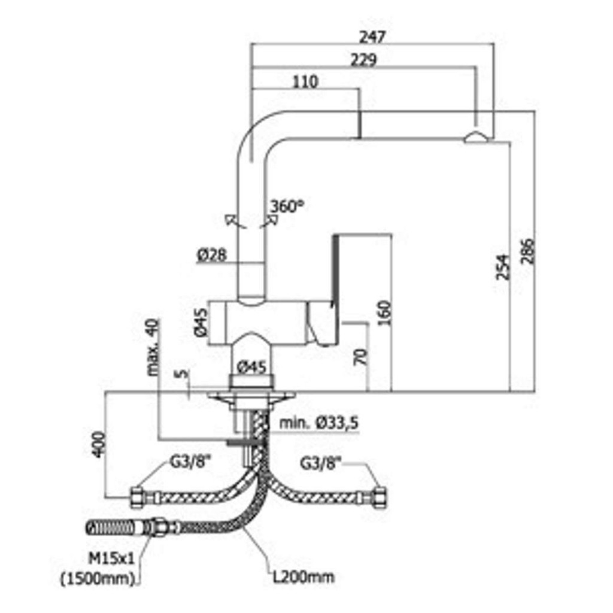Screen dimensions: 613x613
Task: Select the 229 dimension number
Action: coord(363,60)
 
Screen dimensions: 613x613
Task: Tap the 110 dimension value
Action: coord(306,81)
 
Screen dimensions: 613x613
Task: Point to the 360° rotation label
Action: coord(286,207)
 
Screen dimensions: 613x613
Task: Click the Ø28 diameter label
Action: coord(211,256)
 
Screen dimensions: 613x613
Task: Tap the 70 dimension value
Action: coord(360,357)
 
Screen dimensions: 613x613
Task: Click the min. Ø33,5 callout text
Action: coord(319,423)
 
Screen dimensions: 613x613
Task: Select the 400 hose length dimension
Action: coord(99,443)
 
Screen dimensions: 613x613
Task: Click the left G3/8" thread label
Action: coord(178,462)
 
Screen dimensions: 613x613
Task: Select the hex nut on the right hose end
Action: coord(380,496)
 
